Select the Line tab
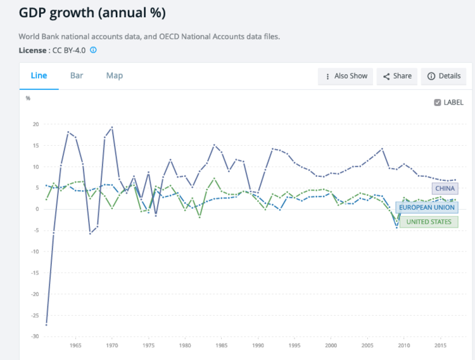[39, 75]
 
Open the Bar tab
[77, 75]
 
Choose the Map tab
[115, 75]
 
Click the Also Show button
[346, 76]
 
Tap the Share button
[396, 76]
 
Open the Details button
[443, 76]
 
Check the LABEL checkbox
[438, 102]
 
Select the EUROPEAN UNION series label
[427, 207]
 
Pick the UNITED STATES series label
[429, 222]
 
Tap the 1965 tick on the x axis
[75, 345]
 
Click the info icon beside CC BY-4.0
[93, 49]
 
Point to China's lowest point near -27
[46, 325]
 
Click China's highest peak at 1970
[112, 127]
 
